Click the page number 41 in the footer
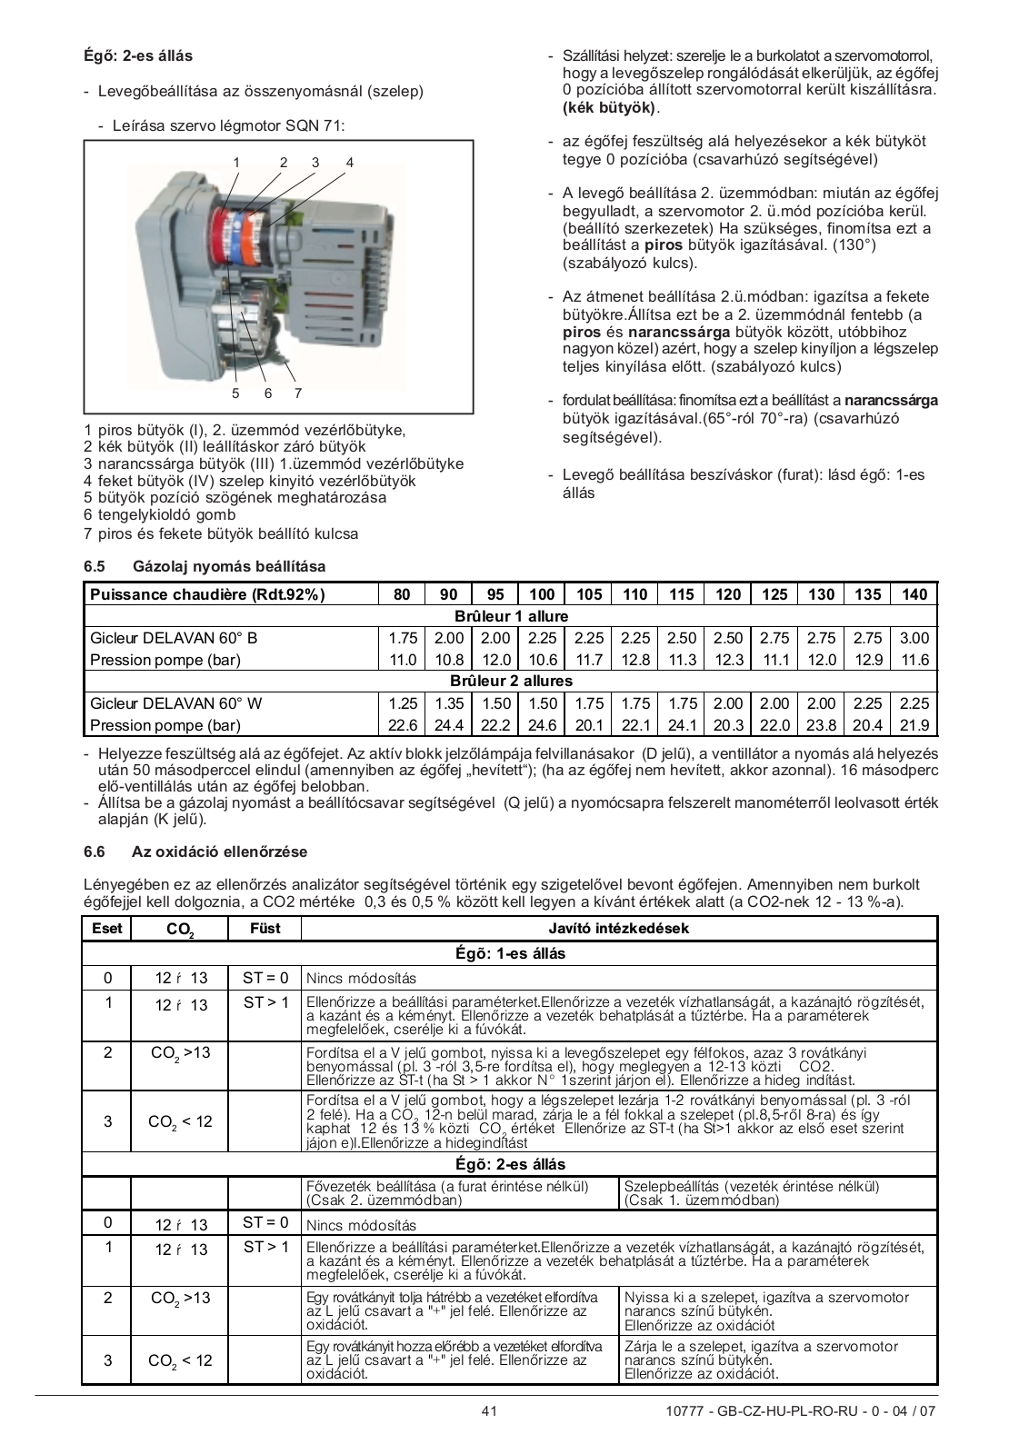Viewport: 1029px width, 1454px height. (x=489, y=1411)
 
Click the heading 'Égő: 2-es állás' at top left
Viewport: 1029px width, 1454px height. (x=138, y=55)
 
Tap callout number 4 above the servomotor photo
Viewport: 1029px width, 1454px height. (x=349, y=163)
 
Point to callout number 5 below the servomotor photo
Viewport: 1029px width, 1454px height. (x=235, y=393)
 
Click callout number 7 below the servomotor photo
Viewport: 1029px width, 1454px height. (x=297, y=393)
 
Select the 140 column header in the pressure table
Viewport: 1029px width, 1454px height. (x=914, y=594)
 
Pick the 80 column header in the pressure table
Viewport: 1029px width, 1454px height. (x=402, y=594)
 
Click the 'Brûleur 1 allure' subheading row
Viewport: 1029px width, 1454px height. (x=511, y=616)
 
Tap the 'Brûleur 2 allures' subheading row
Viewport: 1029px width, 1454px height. (x=511, y=682)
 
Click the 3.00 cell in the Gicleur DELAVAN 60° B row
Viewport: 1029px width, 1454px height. (x=914, y=638)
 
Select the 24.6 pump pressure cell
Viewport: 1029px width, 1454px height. (x=542, y=725)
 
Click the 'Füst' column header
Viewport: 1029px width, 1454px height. (x=265, y=928)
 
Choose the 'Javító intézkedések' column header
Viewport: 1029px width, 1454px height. (x=618, y=928)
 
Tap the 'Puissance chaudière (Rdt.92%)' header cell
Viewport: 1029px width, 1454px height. (x=207, y=594)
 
